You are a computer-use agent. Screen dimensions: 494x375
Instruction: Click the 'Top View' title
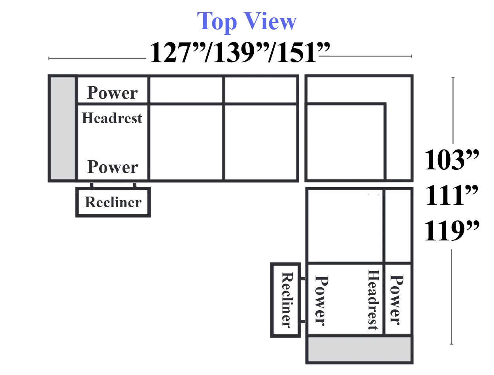247,21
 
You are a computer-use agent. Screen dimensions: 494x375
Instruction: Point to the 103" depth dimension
451,159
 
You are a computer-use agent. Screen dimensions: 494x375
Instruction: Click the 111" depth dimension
451,195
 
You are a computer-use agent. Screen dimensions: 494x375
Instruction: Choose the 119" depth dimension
451,231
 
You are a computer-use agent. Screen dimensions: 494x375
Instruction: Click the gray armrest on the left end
63,128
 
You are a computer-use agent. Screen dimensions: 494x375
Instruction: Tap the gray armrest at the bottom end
359,349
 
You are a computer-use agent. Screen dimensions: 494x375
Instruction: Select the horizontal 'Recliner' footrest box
113,202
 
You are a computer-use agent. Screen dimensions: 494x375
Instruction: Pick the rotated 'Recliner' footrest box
286,300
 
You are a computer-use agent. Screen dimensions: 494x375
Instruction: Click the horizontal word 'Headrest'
112,118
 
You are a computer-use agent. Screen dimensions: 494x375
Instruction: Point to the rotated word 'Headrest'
373,300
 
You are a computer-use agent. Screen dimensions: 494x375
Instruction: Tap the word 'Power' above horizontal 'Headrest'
112,93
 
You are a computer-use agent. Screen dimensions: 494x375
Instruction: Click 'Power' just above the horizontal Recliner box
113,167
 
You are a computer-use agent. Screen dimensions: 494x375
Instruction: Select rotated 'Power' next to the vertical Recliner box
321,301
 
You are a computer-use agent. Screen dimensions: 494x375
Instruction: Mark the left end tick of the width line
49,58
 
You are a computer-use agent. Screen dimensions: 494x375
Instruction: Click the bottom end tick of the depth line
451,344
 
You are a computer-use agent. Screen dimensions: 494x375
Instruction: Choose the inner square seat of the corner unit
345,142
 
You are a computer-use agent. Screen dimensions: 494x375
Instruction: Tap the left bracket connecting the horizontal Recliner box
92,185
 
